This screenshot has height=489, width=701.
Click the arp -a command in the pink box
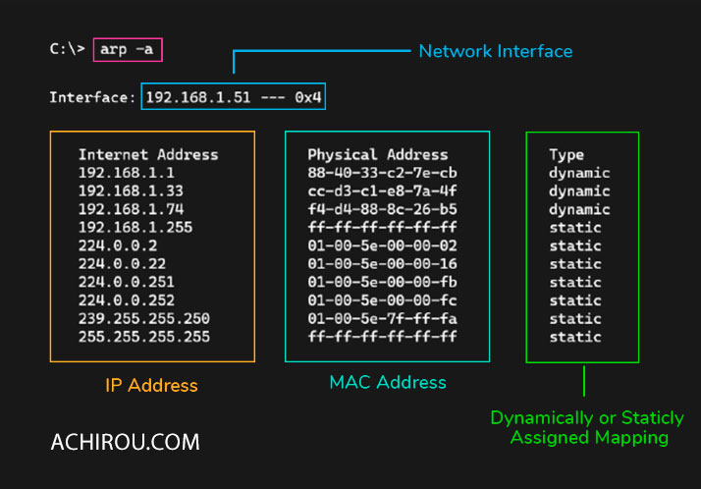(x=127, y=49)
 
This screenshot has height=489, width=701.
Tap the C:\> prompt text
(x=67, y=48)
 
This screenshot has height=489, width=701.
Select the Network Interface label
(x=496, y=51)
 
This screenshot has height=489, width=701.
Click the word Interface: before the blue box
(x=92, y=97)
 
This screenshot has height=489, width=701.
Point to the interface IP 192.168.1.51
(x=198, y=97)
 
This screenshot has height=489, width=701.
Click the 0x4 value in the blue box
(x=307, y=97)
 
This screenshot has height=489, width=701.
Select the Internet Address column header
(x=148, y=155)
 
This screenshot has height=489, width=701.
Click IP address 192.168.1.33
(x=131, y=191)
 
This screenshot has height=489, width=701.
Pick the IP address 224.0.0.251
(x=127, y=282)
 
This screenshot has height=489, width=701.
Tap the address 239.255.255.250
(x=144, y=319)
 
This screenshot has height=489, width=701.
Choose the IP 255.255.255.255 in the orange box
(x=144, y=337)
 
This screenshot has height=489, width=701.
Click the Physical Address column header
(x=378, y=155)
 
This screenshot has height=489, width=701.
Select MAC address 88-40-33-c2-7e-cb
(x=382, y=173)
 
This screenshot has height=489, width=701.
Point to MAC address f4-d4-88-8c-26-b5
(x=382, y=209)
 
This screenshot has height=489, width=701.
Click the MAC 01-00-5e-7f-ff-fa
(x=382, y=319)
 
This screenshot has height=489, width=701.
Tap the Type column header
(x=566, y=155)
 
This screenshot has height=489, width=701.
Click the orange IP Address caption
(x=151, y=385)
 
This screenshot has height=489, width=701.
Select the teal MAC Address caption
(x=388, y=382)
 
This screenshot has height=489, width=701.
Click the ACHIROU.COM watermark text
(x=126, y=442)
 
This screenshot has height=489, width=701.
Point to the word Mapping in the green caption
(x=631, y=438)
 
